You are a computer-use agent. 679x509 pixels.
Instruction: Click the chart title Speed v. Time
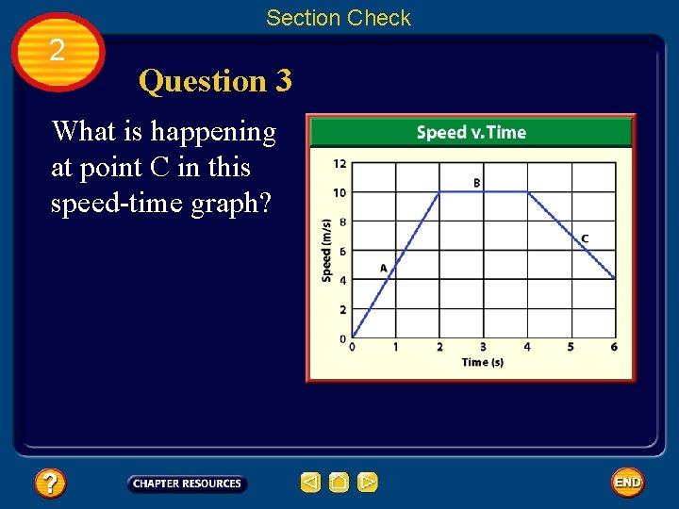click(x=471, y=132)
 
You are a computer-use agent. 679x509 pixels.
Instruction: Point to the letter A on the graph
click(x=384, y=268)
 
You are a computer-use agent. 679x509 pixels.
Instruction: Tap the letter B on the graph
click(x=476, y=182)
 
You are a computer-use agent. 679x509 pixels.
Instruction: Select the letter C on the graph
click(x=585, y=238)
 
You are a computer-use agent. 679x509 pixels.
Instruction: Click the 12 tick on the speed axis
click(x=339, y=163)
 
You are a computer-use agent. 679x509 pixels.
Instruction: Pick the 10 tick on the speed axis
click(x=339, y=192)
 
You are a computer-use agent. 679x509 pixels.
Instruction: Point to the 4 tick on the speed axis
click(x=342, y=280)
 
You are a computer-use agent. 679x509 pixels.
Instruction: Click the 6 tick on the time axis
click(x=614, y=347)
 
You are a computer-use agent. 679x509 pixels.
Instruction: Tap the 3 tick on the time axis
click(x=483, y=347)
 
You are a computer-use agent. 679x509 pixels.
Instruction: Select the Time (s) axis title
click(x=482, y=362)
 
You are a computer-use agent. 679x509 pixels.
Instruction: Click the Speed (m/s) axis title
click(x=326, y=250)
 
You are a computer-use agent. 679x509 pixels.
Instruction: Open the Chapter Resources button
click(x=187, y=484)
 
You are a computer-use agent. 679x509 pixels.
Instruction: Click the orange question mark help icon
click(x=49, y=484)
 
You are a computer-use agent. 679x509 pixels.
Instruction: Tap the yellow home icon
click(x=339, y=483)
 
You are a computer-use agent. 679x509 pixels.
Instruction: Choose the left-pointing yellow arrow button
click(x=310, y=483)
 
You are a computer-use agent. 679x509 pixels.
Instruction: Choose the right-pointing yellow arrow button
click(x=368, y=483)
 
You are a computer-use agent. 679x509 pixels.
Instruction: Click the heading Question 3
click(x=215, y=81)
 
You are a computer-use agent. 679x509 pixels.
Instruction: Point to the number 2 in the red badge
click(x=58, y=50)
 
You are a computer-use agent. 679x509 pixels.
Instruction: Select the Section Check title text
click(x=339, y=18)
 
